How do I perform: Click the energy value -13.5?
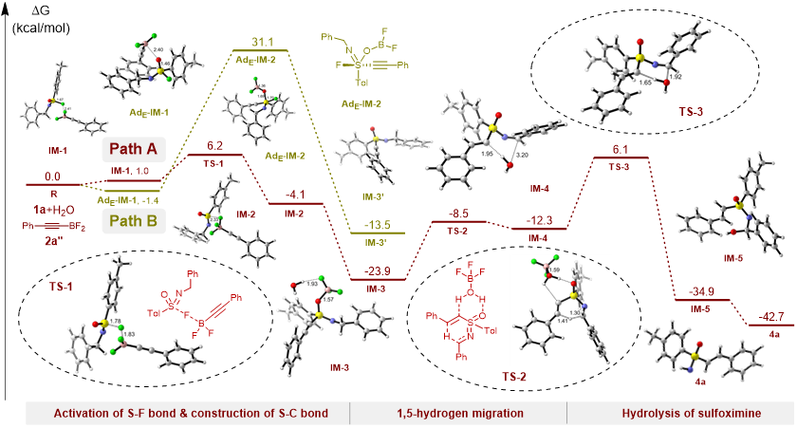[364, 226]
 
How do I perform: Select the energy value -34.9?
[703, 293]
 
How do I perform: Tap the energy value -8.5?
[459, 214]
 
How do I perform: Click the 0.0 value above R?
[52, 177]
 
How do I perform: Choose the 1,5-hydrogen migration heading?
[458, 413]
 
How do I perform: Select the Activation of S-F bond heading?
[188, 413]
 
